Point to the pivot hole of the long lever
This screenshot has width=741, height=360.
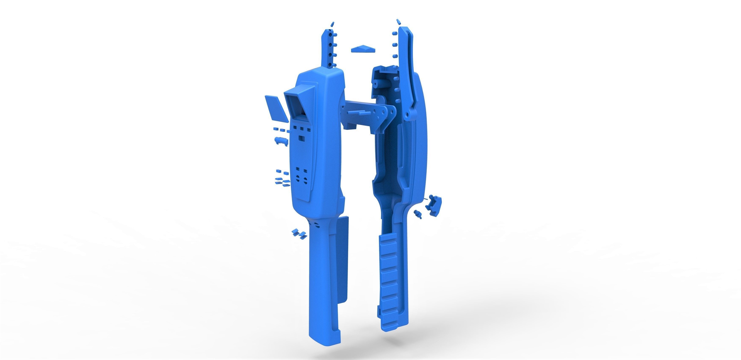(407, 116)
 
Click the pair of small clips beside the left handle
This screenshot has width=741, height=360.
(298, 233)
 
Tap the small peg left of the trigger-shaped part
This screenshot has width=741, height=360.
(418, 214)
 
